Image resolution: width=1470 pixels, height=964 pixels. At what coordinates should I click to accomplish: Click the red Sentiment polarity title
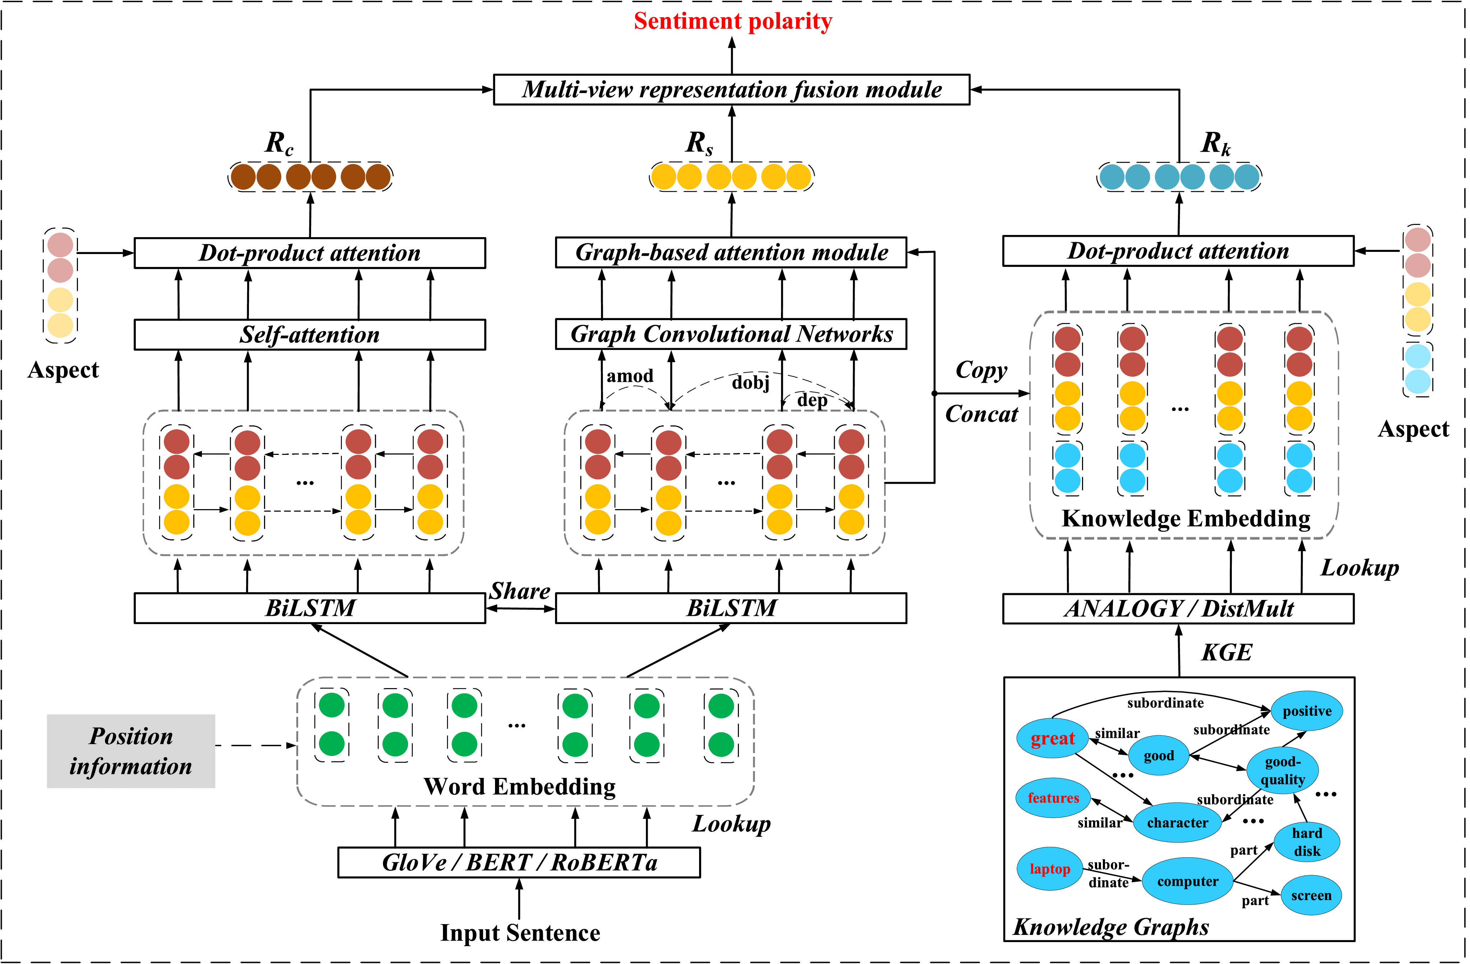[x=732, y=21]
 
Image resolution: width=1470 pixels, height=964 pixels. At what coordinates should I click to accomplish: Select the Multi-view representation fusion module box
[x=731, y=89]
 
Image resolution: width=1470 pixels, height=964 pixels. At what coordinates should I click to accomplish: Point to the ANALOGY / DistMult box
[x=1178, y=609]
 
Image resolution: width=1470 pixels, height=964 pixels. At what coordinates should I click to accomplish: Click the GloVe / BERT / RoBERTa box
[x=519, y=862]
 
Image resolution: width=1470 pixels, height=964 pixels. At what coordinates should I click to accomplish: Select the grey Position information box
[x=131, y=751]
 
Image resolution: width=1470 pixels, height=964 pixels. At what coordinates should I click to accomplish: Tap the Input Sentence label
[x=520, y=932]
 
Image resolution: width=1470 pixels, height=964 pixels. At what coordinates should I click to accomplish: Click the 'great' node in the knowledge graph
[x=1053, y=738]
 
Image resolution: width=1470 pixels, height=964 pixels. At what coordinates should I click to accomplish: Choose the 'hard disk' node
[x=1307, y=841]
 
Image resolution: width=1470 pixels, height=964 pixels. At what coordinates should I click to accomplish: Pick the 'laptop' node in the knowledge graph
[x=1049, y=869]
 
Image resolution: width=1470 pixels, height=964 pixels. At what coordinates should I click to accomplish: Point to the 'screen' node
[x=1310, y=895]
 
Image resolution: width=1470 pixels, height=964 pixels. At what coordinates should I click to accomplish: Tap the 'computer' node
[x=1187, y=881]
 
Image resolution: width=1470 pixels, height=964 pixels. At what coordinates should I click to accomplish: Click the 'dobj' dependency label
[x=750, y=383]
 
